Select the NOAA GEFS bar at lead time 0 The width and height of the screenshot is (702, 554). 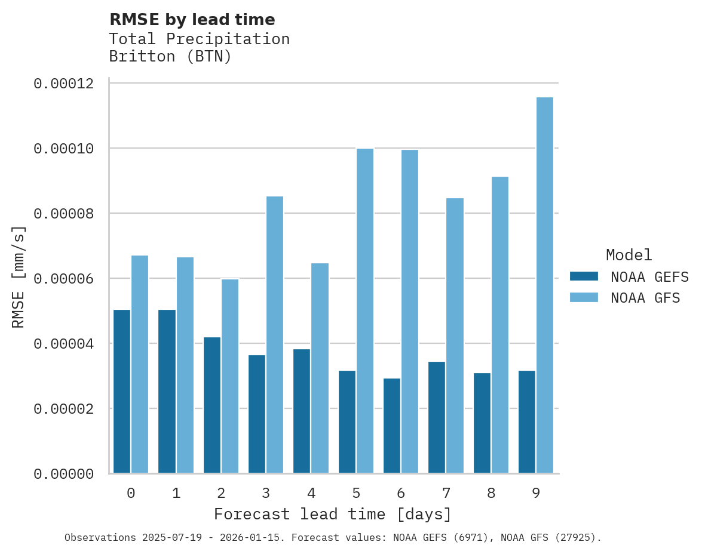(x=122, y=392)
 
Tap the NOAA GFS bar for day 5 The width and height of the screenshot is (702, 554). (x=364, y=311)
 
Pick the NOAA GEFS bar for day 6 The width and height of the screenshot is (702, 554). (x=392, y=426)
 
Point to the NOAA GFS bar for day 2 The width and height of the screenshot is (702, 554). (x=230, y=376)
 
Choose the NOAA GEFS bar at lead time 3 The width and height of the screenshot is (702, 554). (x=257, y=414)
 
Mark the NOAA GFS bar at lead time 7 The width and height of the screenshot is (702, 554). (x=455, y=336)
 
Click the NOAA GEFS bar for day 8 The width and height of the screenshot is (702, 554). (x=482, y=423)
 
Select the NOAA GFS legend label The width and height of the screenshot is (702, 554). (x=645, y=298)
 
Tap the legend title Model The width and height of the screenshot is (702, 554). (x=629, y=255)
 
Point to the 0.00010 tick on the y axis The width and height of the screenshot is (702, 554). (x=64, y=149)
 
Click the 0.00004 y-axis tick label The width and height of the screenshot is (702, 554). (x=64, y=344)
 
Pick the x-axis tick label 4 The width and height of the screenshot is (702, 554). (x=311, y=493)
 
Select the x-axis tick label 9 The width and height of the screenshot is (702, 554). (x=536, y=493)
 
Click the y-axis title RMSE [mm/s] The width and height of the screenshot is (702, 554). (x=19, y=277)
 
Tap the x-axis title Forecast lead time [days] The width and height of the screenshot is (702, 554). (x=333, y=514)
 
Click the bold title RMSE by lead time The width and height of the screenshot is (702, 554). (x=192, y=20)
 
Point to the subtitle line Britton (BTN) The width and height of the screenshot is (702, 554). (x=170, y=57)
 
